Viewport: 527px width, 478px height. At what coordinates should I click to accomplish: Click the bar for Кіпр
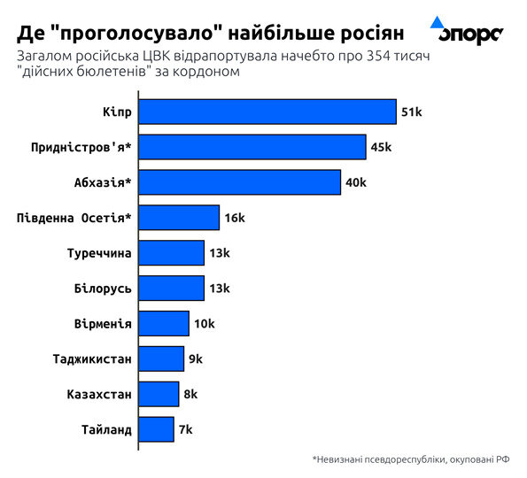coord(267,112)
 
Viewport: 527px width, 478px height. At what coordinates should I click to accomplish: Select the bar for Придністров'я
coord(252,147)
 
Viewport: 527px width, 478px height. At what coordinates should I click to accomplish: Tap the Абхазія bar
coord(240,182)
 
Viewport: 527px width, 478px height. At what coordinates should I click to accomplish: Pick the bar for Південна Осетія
coord(179,218)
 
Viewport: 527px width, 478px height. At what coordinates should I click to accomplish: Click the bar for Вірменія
coord(164,323)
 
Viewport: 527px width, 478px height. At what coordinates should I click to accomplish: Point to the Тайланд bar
coord(157,429)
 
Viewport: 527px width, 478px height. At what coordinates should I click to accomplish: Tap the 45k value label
coord(381,147)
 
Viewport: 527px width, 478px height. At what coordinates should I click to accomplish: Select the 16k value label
coord(234,218)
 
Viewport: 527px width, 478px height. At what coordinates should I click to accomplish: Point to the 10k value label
coord(204,323)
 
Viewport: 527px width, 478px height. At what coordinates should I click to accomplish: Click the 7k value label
coord(185,429)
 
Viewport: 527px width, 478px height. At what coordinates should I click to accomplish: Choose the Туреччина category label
coord(99,253)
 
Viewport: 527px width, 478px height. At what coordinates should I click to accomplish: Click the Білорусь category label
coord(103,289)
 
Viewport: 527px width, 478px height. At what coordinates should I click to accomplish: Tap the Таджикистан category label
coord(92,358)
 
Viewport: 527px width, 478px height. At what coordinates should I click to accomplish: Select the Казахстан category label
coord(99,394)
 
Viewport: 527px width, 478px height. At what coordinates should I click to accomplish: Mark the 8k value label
coord(190,394)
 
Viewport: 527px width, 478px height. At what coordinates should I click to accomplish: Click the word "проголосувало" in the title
coord(141,34)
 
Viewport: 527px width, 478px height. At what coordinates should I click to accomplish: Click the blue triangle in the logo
coord(437,21)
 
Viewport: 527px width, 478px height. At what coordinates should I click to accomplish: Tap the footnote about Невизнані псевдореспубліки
coord(411,459)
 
